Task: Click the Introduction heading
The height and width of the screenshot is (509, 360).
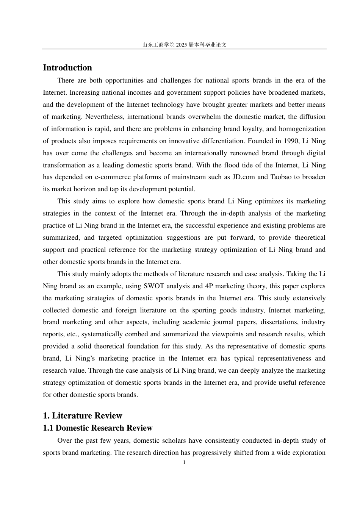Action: [67, 68]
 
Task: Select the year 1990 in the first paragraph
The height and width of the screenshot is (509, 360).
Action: [291, 141]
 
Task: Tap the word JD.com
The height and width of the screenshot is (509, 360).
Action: [243, 177]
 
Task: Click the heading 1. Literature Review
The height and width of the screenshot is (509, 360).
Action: [83, 416]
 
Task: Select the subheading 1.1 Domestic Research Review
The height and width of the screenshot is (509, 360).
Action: [98, 428]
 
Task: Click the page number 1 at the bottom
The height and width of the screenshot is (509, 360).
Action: [184, 462]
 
